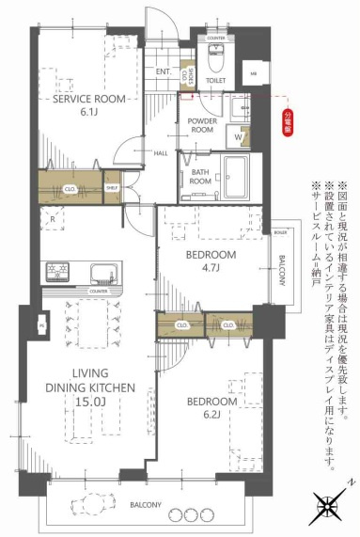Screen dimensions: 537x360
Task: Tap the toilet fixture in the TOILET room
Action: (215, 63)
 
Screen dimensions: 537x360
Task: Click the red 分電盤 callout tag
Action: (288, 122)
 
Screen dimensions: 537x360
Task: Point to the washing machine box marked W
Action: (239, 137)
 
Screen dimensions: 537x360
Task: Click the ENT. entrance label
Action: (163, 71)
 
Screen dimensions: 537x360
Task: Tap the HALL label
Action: (134, 152)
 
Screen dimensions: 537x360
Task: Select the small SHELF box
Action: (112, 188)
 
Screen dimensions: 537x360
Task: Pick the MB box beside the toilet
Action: (253, 72)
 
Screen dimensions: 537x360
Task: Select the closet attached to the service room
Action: (70, 187)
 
